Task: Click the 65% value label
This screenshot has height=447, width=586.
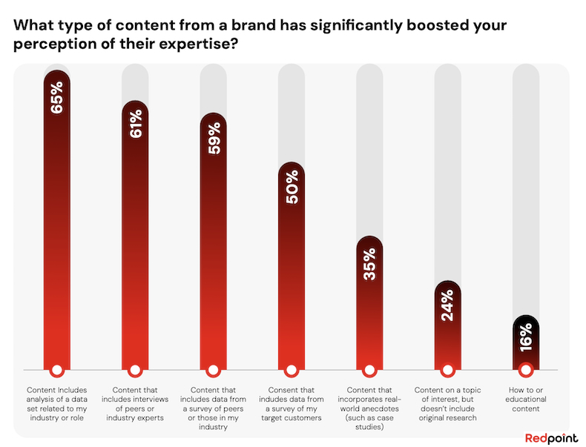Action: pos(57,98)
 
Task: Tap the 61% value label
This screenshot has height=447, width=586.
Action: pos(135,124)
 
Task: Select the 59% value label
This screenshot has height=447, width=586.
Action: pos(214,139)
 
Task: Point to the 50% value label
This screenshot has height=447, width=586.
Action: pos(292,187)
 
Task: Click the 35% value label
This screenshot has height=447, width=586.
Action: pos(370,264)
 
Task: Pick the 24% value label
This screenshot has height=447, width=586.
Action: pos(447,305)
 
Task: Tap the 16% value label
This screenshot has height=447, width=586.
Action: pos(526,337)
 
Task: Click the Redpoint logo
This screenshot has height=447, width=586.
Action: pos(551,437)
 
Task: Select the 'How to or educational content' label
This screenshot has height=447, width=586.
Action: pos(526,400)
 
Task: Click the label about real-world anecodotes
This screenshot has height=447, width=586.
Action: pos(369,408)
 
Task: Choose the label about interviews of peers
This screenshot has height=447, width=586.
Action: pos(135,404)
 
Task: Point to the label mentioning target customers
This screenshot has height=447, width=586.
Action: pos(292,404)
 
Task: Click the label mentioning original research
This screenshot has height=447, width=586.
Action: pos(448,404)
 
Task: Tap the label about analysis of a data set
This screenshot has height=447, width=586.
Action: pos(57,404)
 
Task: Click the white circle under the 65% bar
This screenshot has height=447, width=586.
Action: pos(57,370)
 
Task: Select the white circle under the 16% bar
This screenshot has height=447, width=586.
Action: pos(526,370)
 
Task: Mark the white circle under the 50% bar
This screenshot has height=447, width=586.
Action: pos(292,370)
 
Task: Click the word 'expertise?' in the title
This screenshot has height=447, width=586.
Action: pos(199,44)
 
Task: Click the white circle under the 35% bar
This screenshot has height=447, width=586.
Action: pos(369,370)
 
